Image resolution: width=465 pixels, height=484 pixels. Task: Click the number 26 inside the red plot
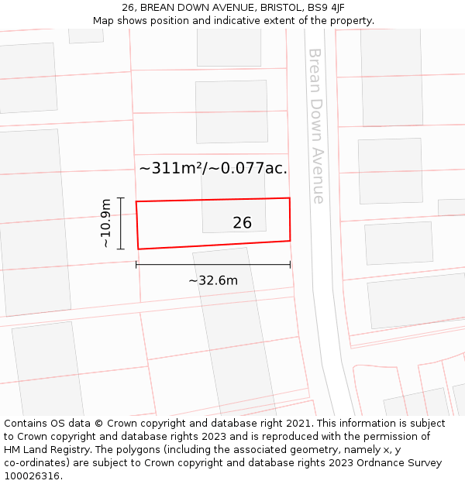coord(242,223)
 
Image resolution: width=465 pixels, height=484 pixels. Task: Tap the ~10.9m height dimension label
coord(106,224)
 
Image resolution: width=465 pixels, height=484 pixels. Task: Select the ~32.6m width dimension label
coord(213,280)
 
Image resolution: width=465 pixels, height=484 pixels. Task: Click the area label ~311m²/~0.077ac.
coord(213,168)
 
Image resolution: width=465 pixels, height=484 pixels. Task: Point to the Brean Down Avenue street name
coord(316,125)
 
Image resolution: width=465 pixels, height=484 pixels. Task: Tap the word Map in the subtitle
coord(104,21)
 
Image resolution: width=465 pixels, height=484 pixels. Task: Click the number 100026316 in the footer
coord(31,476)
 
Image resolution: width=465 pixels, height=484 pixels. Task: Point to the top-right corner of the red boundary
coord(290,198)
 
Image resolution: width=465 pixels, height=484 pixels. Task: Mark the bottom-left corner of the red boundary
coord(138,249)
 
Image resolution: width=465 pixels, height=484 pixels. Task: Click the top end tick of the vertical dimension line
coord(121,197)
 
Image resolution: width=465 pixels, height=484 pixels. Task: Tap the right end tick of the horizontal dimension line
coord(291,265)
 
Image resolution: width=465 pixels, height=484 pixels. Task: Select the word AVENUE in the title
coord(226,8)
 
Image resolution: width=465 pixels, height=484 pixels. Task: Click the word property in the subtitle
coord(350,21)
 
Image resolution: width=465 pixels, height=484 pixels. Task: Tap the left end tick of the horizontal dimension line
coord(136,265)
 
